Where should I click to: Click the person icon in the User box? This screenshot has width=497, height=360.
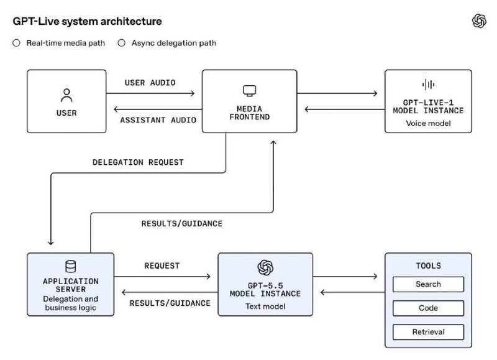tap(66, 95)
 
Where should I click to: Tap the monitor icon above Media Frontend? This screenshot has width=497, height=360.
tap(250, 91)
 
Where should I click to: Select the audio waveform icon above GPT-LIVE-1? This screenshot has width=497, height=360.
tap(428, 85)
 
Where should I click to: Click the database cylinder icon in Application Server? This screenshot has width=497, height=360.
tap(70, 267)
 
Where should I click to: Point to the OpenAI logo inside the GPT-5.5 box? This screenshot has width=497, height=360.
tap(265, 267)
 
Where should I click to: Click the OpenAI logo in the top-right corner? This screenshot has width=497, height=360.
tap(479, 21)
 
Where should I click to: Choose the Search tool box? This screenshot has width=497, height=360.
tap(428, 284)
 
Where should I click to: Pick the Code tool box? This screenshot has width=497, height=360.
tap(428, 308)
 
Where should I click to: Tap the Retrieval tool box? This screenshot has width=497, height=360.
tap(428, 332)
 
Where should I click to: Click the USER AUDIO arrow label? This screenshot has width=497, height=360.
tap(150, 83)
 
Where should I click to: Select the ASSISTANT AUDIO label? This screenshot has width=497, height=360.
tap(158, 120)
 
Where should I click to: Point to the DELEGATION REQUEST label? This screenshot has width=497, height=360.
tap(138, 162)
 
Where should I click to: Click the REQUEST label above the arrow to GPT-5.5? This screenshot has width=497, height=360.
tap(162, 265)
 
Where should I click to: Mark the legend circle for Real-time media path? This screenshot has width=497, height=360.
tap(17, 43)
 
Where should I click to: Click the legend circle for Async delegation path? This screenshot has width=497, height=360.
tap(121, 43)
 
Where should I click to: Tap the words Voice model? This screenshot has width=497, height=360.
tap(428, 123)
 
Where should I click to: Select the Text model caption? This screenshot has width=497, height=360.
tap(265, 307)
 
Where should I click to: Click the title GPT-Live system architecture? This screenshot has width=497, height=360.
tap(87, 21)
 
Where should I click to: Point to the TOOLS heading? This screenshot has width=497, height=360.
tap(428, 265)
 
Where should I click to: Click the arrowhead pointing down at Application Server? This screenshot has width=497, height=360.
tap(51, 242)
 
